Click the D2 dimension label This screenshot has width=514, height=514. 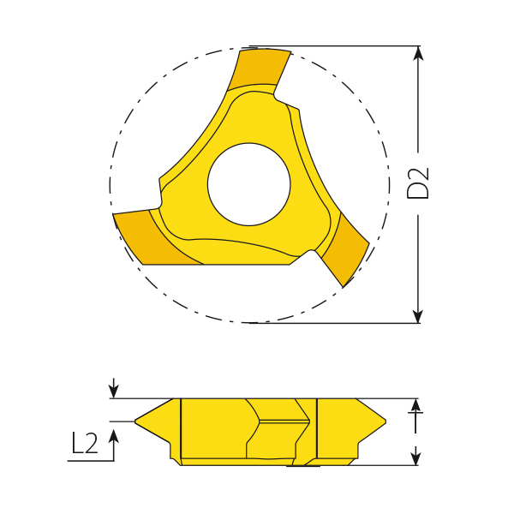click(x=418, y=184)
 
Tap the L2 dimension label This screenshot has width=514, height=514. click(x=85, y=443)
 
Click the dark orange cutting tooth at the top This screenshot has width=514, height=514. click(x=259, y=69)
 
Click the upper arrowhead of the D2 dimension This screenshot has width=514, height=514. click(x=418, y=54)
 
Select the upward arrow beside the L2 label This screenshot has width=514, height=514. click(x=113, y=437)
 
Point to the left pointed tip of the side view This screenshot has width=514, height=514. click(x=137, y=421)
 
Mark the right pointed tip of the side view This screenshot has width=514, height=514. click(x=385, y=421)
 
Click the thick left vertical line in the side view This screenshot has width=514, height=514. click(x=181, y=428)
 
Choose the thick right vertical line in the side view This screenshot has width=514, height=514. click(x=317, y=428)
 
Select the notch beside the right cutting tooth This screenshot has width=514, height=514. click(x=307, y=254)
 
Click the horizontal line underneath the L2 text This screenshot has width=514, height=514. click(x=90, y=461)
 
